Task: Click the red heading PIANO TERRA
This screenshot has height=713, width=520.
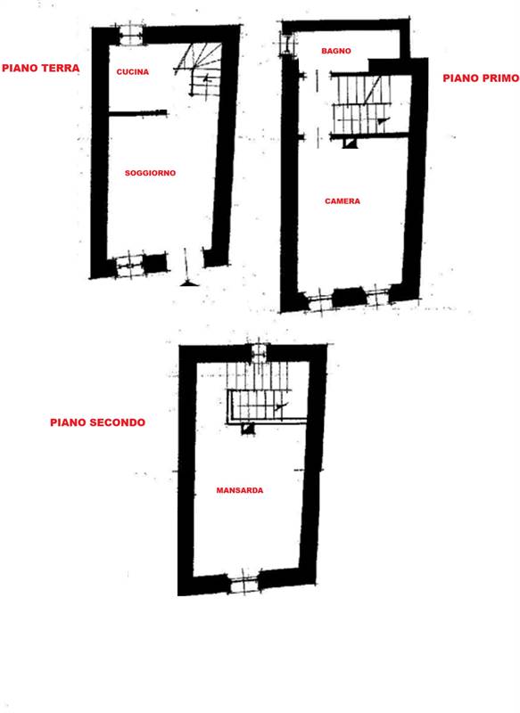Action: click(x=41, y=69)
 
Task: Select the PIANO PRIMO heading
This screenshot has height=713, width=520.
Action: click(x=481, y=78)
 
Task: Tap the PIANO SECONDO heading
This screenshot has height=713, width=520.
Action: click(x=98, y=422)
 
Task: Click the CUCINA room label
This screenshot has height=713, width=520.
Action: click(x=132, y=72)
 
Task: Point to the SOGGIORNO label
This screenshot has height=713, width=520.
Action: click(x=150, y=173)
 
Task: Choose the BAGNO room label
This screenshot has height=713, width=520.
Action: click(x=336, y=51)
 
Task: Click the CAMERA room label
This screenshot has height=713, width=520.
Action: click(x=343, y=201)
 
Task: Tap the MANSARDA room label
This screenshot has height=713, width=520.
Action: click(x=240, y=490)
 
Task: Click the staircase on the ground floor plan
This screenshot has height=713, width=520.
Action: click(x=200, y=70)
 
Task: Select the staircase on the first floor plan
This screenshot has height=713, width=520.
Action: click(x=361, y=104)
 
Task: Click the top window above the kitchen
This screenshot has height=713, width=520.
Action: click(x=131, y=35)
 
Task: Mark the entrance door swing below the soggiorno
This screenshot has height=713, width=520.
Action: click(x=187, y=268)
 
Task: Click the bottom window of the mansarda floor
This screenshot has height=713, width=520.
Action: click(x=243, y=583)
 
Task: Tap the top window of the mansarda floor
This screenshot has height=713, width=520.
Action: click(x=259, y=353)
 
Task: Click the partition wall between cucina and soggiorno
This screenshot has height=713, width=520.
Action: click(x=138, y=113)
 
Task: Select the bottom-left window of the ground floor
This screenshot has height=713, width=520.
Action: click(x=130, y=265)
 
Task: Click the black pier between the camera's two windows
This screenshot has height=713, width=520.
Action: click(x=348, y=297)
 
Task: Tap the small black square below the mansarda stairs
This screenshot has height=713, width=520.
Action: click(x=247, y=429)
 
